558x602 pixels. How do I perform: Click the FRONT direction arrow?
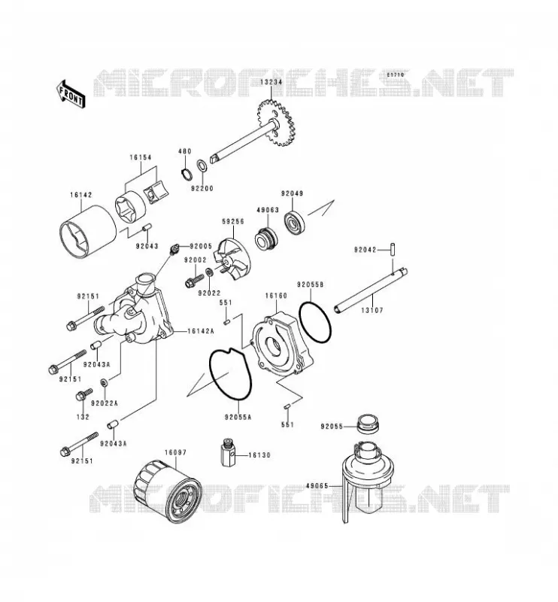click(71, 94)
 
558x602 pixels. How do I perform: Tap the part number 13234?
click(271, 82)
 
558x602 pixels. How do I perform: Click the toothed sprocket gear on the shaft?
click(275, 123)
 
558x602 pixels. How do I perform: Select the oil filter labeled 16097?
click(168, 491)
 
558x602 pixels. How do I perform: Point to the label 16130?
click(259, 455)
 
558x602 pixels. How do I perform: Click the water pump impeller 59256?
click(233, 261)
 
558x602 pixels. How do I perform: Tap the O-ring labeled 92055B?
click(314, 322)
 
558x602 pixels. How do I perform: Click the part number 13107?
click(371, 310)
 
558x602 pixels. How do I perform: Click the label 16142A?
click(201, 330)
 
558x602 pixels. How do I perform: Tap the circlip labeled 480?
click(187, 174)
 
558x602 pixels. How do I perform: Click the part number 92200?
click(202, 189)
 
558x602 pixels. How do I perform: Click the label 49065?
click(317, 485)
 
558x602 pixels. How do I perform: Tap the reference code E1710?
click(396, 74)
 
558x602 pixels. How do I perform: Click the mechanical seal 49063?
click(265, 238)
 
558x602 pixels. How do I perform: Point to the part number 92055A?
click(238, 417)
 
